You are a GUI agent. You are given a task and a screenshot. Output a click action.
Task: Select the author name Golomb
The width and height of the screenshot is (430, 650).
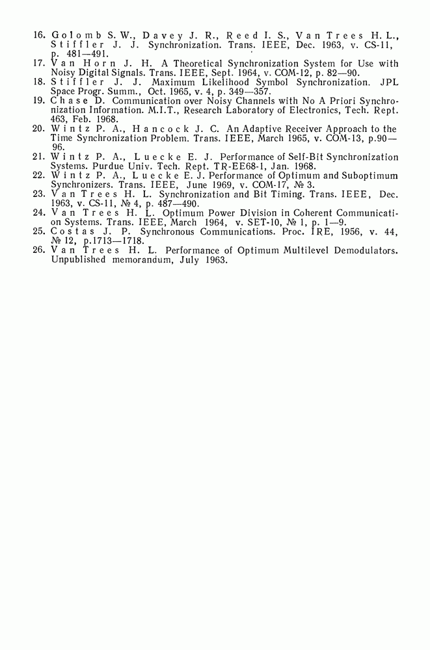click(74, 33)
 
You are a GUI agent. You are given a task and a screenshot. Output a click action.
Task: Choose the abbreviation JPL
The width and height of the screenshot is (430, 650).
click(389, 83)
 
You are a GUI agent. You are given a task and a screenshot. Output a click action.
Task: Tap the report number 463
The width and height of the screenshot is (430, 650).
click(59, 120)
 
